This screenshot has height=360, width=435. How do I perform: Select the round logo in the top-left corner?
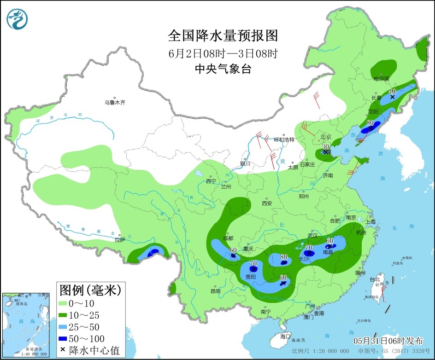pyautogui.click(x=17, y=19)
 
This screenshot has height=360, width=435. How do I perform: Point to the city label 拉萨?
pyautogui.click(x=120, y=239)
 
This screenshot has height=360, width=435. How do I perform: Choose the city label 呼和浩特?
pyautogui.click(x=284, y=139)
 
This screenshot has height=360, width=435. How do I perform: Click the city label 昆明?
pyautogui.click(x=215, y=291)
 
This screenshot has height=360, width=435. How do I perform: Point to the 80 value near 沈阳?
pyautogui.click(x=370, y=123)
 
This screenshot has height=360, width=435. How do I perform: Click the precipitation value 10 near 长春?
pyautogui.click(x=393, y=91)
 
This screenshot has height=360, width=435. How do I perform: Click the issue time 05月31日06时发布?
pyautogui.click(x=388, y=341)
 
